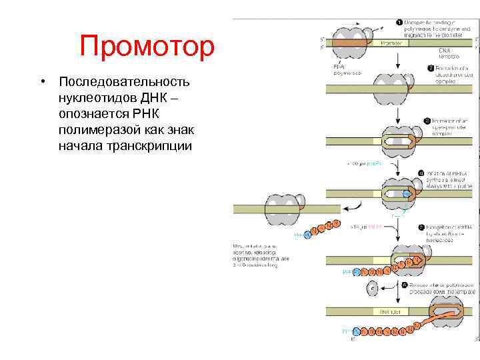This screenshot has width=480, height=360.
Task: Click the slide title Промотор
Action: [147, 47]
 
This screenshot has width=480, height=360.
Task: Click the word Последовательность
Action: [125, 82]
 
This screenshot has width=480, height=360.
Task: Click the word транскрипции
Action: [145, 146]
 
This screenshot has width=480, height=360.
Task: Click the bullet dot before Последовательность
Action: [42, 82]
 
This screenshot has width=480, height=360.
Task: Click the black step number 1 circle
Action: [399, 23]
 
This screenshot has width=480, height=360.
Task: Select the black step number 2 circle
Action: [431, 68]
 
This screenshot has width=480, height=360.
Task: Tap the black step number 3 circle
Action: [426, 121]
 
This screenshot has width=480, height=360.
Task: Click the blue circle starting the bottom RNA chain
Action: [356, 331]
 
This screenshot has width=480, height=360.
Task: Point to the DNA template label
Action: [448, 54]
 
